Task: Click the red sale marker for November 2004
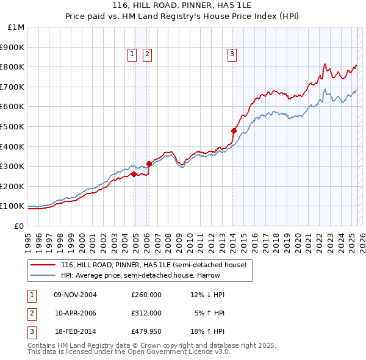(x=134, y=175)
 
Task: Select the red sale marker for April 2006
(x=149, y=164)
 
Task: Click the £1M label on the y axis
(x=16, y=27)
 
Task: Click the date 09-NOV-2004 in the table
(x=75, y=295)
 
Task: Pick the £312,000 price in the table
(x=146, y=313)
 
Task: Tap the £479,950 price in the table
(x=146, y=331)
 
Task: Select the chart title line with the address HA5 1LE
(x=182, y=6)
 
